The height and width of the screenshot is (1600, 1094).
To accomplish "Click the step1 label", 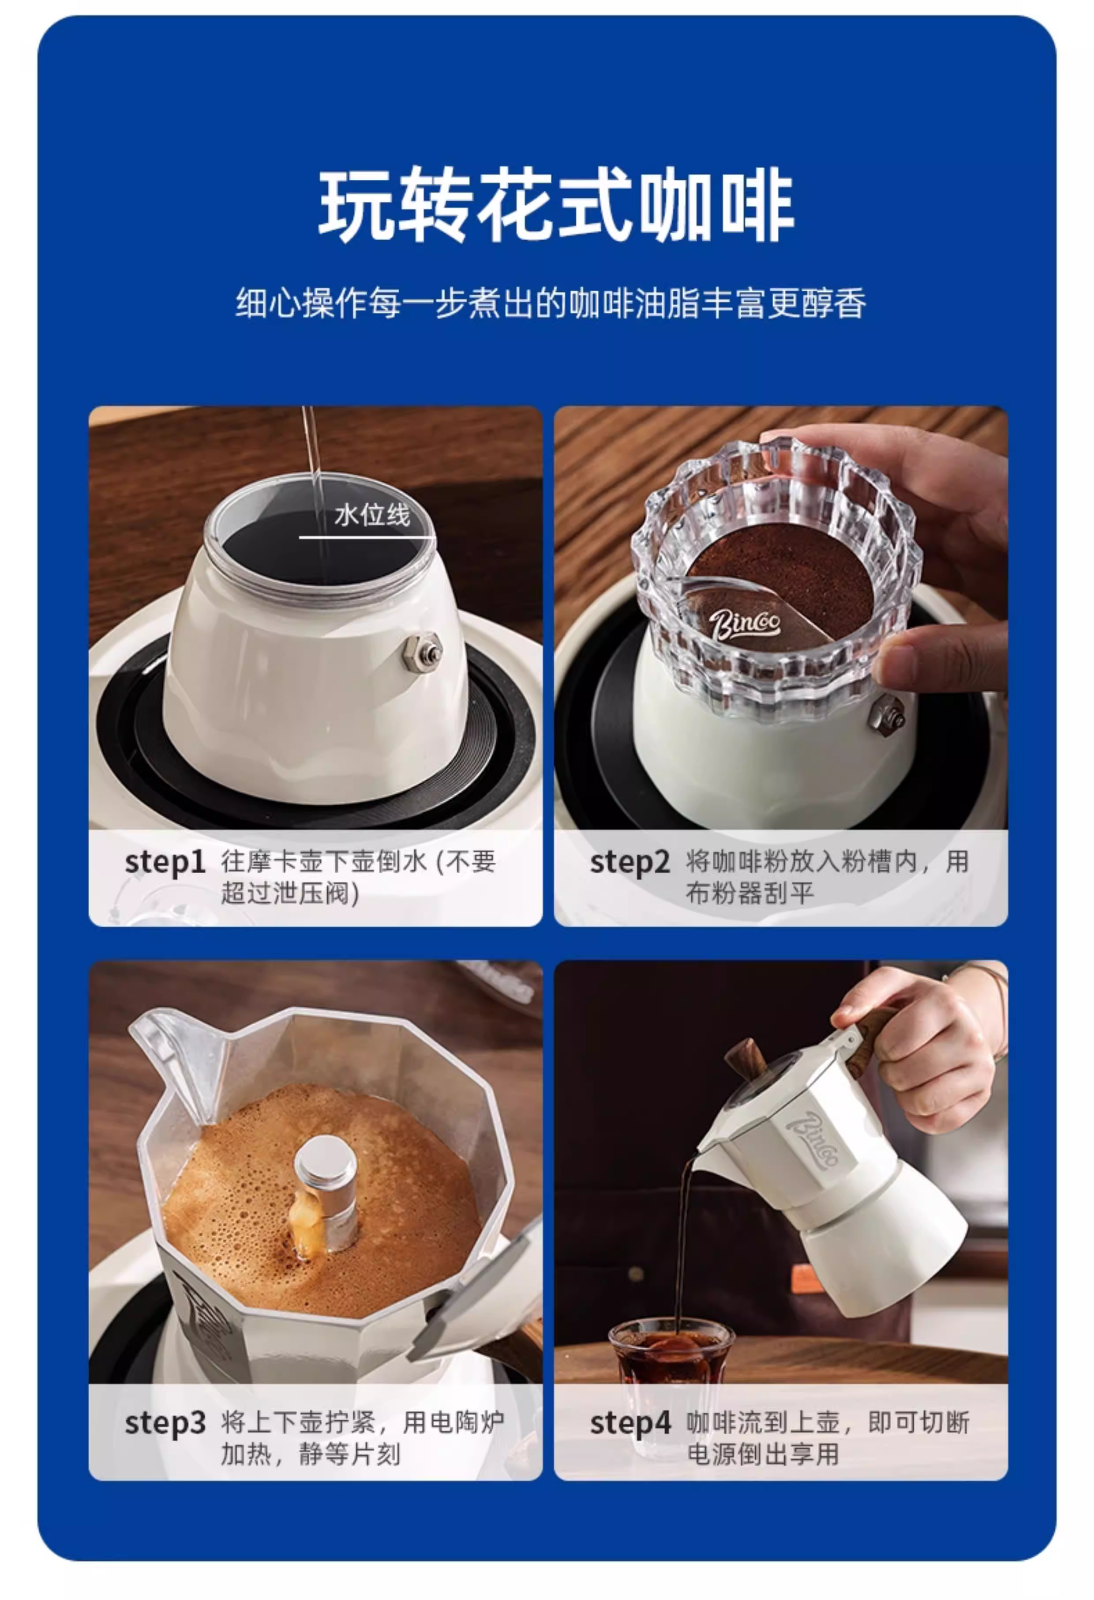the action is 165,863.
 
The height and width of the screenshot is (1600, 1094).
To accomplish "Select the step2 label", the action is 629,863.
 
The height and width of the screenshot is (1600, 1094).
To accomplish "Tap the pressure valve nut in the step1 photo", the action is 422,652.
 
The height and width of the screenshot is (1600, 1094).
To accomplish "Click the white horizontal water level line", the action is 367,536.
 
